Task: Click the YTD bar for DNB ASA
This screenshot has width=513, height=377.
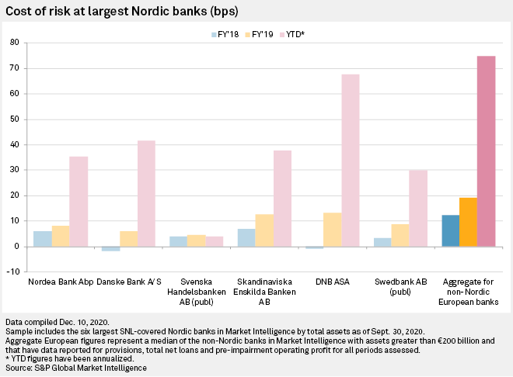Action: [x=350, y=161]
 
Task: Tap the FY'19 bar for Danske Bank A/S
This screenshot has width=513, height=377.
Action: [x=128, y=239]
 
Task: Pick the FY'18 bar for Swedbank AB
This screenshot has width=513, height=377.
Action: [x=382, y=242]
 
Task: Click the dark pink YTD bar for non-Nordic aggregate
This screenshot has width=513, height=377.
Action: [x=486, y=151]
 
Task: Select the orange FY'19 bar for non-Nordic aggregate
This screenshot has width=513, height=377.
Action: [x=468, y=222]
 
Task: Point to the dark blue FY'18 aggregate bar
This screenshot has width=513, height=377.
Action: [x=450, y=230]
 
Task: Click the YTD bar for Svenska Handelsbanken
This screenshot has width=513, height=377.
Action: [x=213, y=241]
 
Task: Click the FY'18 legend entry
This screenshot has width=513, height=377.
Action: [x=226, y=33]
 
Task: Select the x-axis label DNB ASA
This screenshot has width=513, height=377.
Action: [x=332, y=281]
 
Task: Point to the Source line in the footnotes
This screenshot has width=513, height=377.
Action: [x=74, y=366]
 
